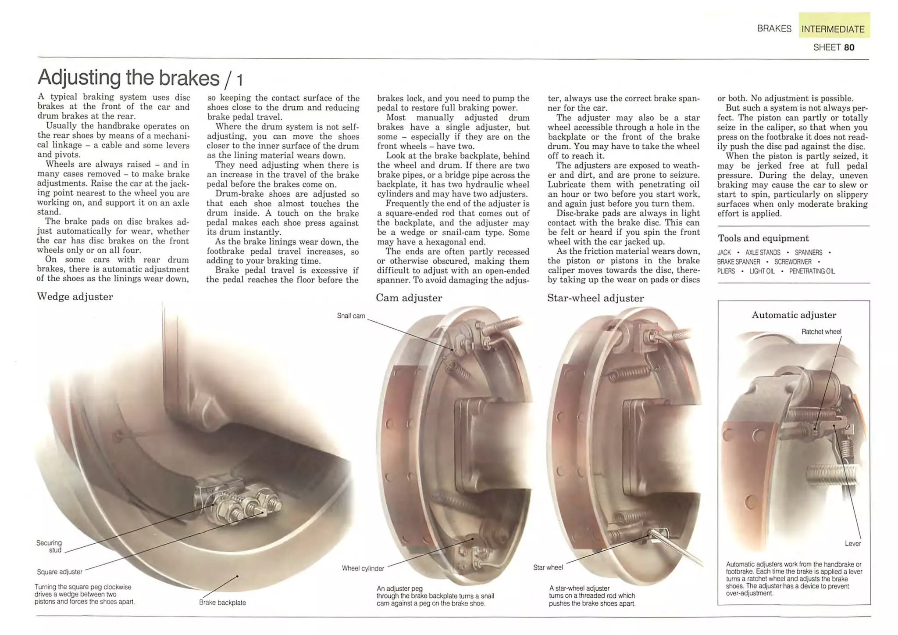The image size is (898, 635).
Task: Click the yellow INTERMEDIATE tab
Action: (x=833, y=29)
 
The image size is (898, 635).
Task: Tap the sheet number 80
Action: (x=849, y=47)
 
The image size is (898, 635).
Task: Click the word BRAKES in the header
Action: (x=774, y=29)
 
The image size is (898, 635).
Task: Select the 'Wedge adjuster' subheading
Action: (x=75, y=297)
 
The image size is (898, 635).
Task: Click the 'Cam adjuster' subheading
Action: (x=409, y=298)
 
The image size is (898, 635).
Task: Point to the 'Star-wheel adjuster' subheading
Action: (x=595, y=298)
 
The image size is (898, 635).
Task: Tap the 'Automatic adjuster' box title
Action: (x=794, y=315)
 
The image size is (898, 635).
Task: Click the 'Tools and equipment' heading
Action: (x=763, y=238)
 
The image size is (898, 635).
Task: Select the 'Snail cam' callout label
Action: (x=351, y=316)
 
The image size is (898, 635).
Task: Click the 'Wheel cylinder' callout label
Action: (x=363, y=568)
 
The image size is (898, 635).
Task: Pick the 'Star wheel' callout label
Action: (x=548, y=567)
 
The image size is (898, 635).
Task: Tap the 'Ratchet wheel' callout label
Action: (x=821, y=332)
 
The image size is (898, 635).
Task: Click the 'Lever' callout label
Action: (x=852, y=543)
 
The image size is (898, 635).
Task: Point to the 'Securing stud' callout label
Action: (x=49, y=546)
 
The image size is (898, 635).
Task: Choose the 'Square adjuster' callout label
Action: (x=60, y=572)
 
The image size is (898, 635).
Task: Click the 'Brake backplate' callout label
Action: (x=222, y=603)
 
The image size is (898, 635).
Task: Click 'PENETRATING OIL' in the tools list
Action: (x=812, y=271)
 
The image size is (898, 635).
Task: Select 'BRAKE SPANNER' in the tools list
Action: (x=738, y=262)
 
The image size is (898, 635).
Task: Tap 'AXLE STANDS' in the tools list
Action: (x=763, y=253)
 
